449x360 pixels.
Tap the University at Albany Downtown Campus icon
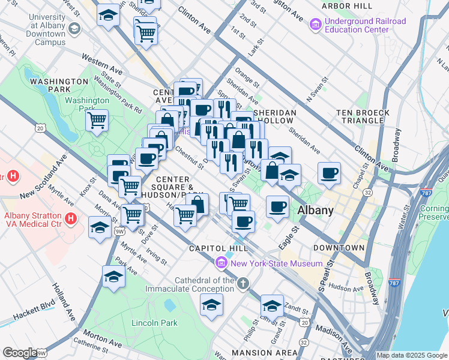tap(74, 29)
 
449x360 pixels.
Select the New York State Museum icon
tap(221, 263)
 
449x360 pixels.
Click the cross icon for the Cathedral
tap(243, 283)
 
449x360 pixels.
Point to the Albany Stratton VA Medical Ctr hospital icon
tap(71, 218)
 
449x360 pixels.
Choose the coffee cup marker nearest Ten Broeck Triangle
tap(329, 173)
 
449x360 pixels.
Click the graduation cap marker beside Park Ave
tap(113, 276)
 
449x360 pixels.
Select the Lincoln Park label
tap(154, 323)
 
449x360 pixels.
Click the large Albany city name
tap(316, 210)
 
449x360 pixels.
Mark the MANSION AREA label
tap(264, 352)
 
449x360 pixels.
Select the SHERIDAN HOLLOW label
tap(275, 116)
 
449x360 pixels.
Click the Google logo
tap(19, 353)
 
